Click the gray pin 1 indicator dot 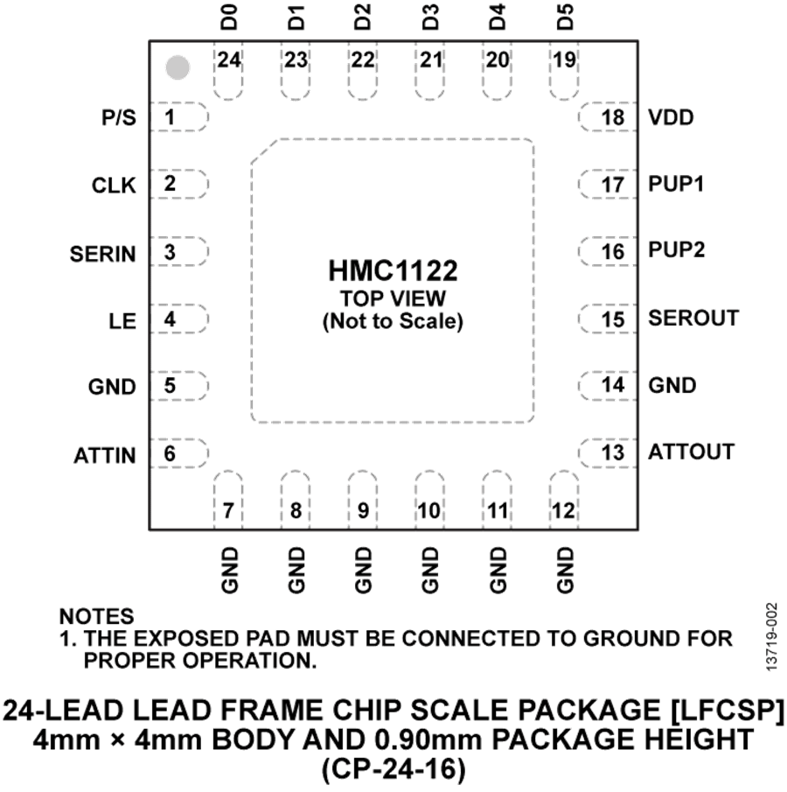[178, 67]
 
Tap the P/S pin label [119, 117]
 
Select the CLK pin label [114, 186]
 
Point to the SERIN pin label [103, 254]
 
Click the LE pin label [122, 321]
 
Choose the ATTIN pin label [105, 456]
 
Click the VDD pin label [671, 117]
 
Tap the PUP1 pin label [676, 185]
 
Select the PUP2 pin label [677, 250]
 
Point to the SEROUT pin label [693, 319]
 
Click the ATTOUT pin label [691, 452]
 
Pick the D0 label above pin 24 [229, 17]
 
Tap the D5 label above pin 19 [565, 17]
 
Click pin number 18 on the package [613, 117]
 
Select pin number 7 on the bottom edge [228, 511]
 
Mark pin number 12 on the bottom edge [563, 511]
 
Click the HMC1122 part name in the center [393, 270]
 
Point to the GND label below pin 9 [363, 570]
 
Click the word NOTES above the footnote [97, 616]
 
